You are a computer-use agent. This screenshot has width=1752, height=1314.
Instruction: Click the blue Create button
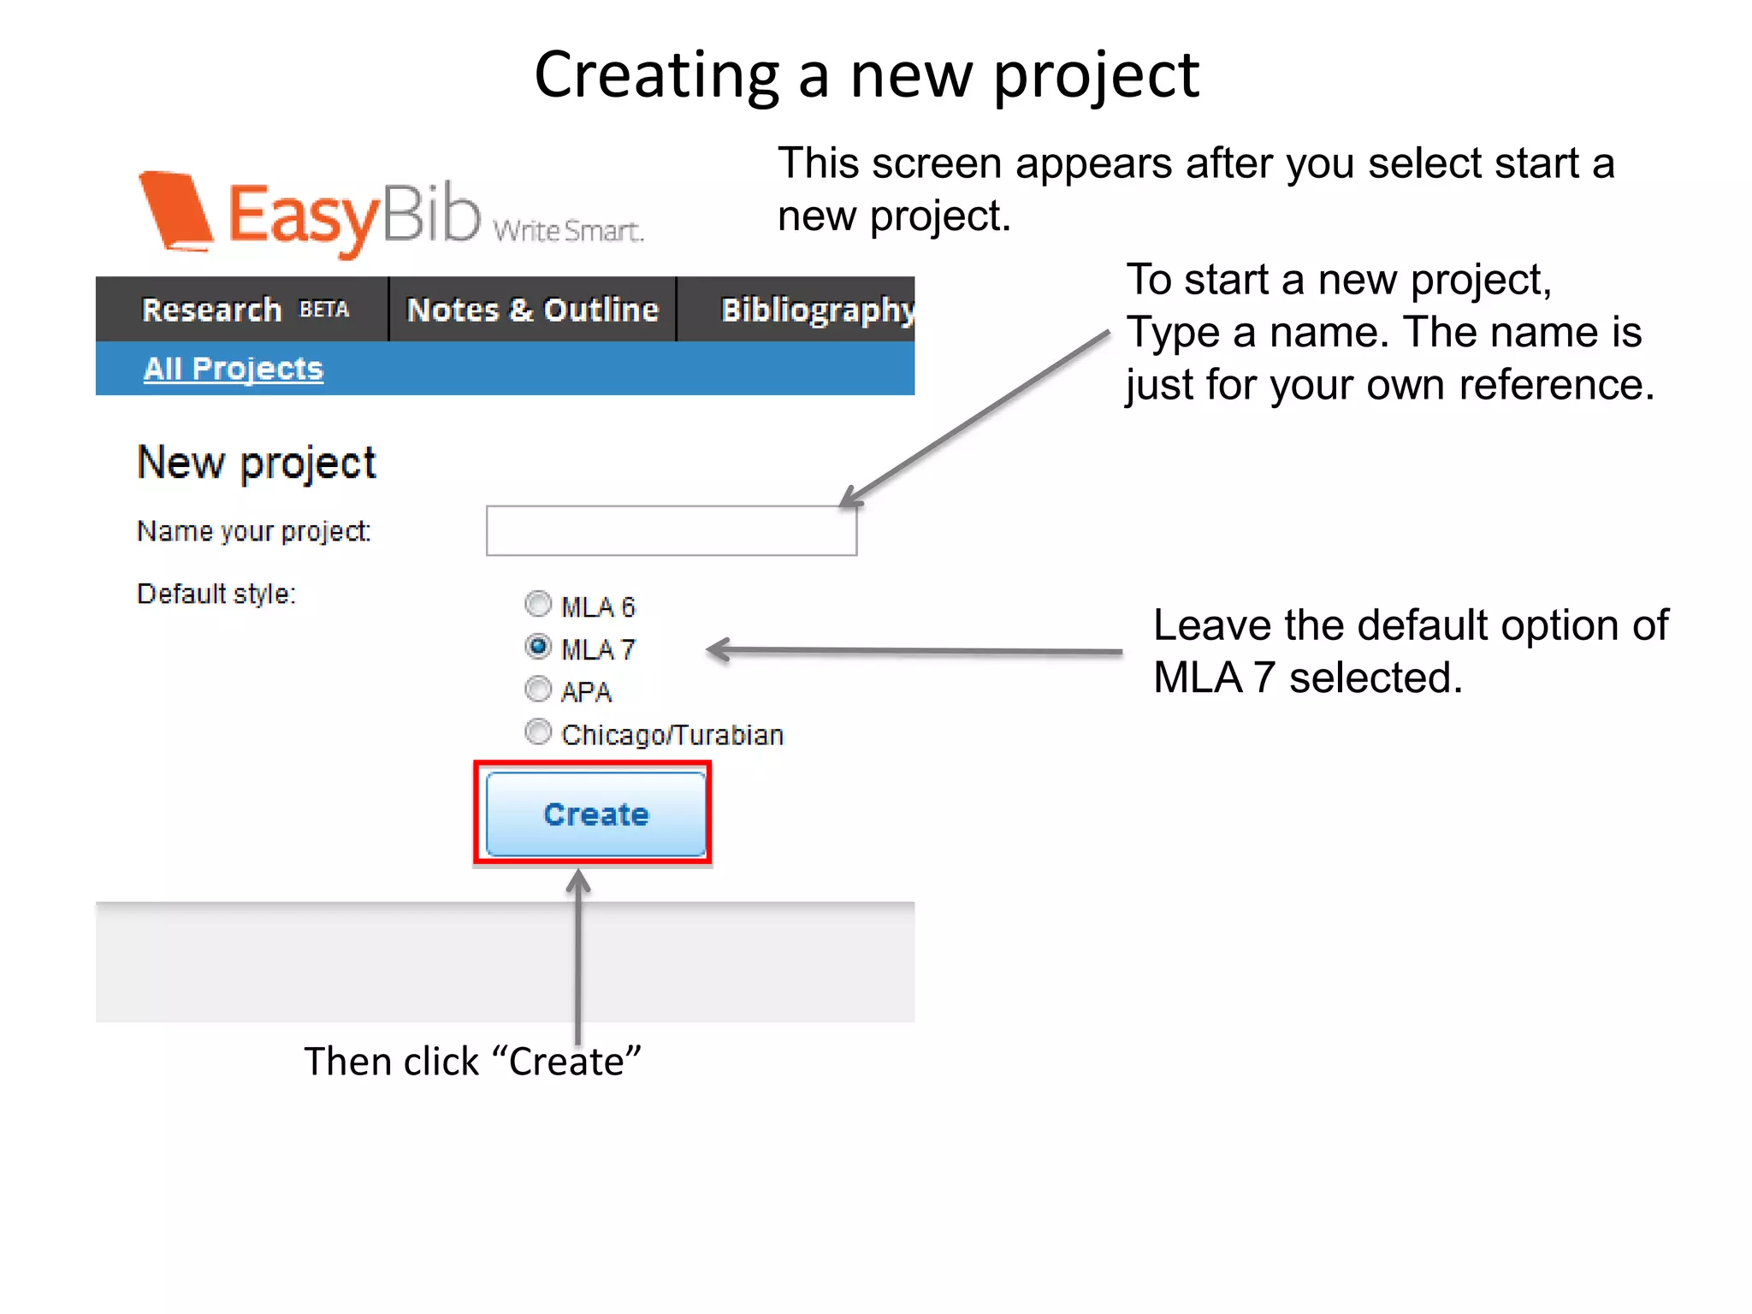[595, 814]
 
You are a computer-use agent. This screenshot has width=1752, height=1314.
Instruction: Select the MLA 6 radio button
[537, 604]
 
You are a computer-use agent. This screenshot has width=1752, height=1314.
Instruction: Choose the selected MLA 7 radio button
[537, 647]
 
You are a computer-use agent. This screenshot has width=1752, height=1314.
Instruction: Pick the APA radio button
[537, 689]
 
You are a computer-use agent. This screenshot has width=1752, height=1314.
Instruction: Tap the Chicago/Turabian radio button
[537, 732]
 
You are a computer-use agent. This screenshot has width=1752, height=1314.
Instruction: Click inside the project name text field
[671, 530]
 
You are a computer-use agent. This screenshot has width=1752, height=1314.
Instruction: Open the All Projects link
[233, 369]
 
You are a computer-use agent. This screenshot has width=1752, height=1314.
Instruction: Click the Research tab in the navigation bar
[211, 310]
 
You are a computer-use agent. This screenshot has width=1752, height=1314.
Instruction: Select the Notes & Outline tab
[532, 310]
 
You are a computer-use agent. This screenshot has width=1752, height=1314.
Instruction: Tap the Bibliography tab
[817, 310]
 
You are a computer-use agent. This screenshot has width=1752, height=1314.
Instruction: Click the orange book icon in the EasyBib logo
[176, 212]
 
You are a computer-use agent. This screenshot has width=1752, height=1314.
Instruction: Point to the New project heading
[256, 463]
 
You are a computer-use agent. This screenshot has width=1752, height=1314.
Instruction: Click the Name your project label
[253, 531]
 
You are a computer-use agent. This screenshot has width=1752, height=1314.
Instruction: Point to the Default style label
[216, 594]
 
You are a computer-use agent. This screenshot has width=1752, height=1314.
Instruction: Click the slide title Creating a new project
[867, 75]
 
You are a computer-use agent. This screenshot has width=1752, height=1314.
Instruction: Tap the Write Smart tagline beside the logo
[567, 230]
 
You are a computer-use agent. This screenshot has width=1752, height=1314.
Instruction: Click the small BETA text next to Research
[324, 310]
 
